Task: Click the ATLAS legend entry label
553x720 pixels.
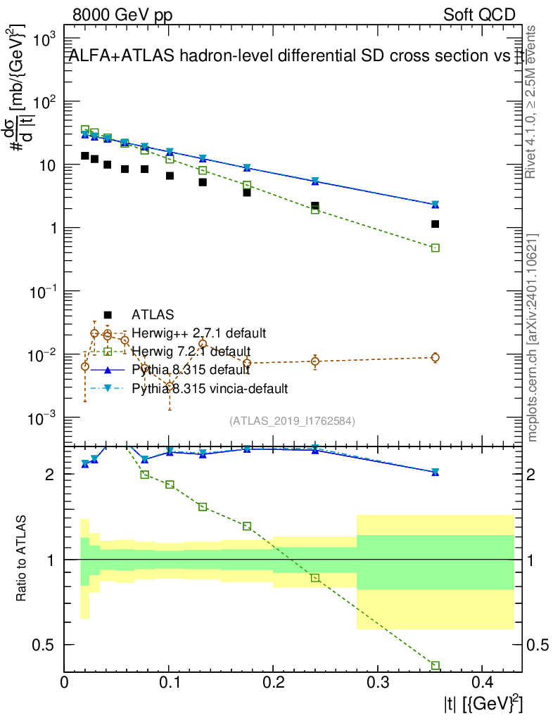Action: (x=153, y=314)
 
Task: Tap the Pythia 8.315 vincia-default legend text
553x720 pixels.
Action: (x=210, y=387)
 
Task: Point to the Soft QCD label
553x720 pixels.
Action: (x=479, y=15)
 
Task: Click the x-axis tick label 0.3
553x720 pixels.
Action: (x=378, y=682)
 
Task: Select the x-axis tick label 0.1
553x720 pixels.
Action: (x=169, y=682)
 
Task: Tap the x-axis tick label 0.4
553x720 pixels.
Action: (x=482, y=682)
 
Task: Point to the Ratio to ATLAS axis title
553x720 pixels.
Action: (x=23, y=559)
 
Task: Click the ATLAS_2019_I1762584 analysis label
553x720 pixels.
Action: (x=292, y=420)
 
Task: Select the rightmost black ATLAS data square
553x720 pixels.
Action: (x=436, y=224)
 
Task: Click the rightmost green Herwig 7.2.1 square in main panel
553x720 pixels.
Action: (x=436, y=247)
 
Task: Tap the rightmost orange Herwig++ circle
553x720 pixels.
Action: (x=436, y=357)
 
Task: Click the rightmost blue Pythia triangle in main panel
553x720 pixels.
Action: (x=436, y=204)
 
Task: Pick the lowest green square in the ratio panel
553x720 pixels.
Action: (x=436, y=665)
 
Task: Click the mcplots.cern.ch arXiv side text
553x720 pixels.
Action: (x=533, y=337)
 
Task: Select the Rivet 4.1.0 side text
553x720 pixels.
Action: (x=533, y=102)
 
